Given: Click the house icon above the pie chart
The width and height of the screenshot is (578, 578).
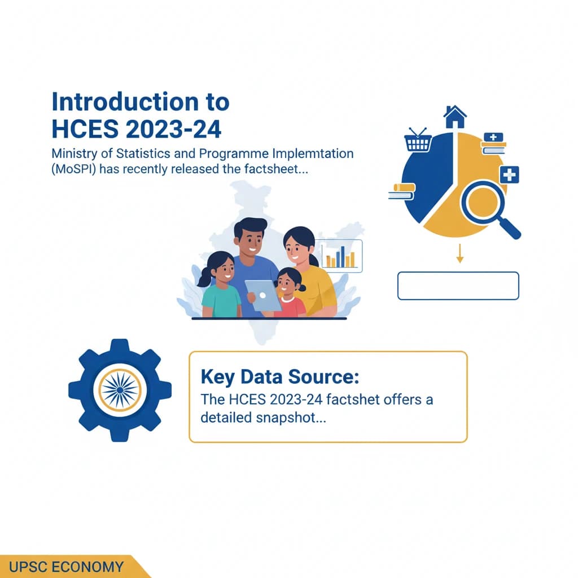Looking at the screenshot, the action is (455, 116).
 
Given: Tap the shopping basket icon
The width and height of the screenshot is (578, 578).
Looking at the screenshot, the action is (418, 140).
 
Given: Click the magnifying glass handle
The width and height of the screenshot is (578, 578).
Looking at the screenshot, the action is (510, 228).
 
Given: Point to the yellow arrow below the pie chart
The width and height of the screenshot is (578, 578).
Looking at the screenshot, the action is (459, 253).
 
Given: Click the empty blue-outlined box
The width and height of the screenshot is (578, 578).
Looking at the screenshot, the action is (458, 286).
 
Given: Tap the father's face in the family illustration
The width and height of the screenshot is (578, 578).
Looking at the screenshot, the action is (250, 239).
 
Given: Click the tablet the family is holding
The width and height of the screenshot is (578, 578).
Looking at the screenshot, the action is (263, 295).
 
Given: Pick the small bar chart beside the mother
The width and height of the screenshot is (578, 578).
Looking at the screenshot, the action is (341, 256).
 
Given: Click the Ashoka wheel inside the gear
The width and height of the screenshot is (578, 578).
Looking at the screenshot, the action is (120, 390).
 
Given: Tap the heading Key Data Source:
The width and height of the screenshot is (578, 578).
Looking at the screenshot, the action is (280, 376).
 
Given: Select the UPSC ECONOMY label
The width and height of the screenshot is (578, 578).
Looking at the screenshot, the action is (66, 567).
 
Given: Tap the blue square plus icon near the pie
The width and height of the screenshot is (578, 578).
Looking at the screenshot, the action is (510, 174).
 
